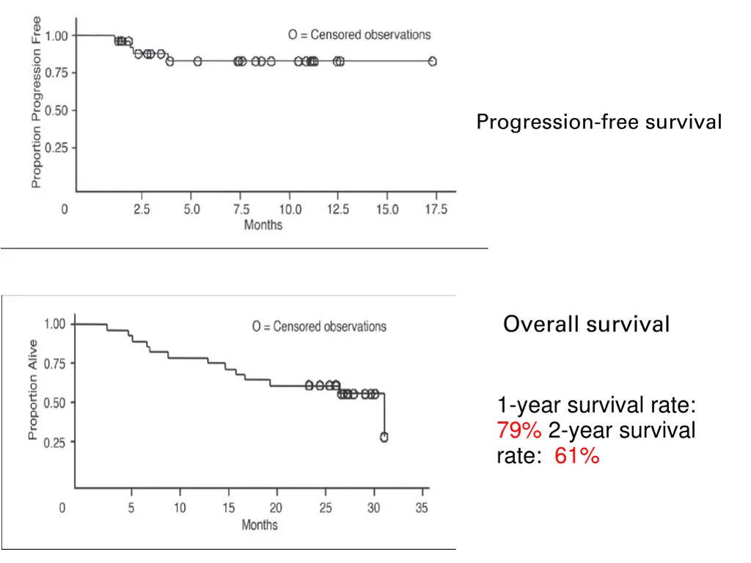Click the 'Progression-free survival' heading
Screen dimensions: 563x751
pyautogui.click(x=598, y=122)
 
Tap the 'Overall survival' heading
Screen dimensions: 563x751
pyautogui.click(x=586, y=324)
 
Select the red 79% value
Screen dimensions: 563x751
pyautogui.click(x=519, y=430)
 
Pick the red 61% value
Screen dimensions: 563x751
pyautogui.click(x=577, y=457)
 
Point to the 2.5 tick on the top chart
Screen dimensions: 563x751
pyautogui.click(x=142, y=210)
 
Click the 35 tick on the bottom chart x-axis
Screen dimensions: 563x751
pyautogui.click(x=422, y=507)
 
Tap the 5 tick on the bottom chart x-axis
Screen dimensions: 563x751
pyautogui.click(x=131, y=507)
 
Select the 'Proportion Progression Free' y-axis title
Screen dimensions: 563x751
pyautogui.click(x=37, y=102)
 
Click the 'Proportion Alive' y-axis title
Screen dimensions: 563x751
pyautogui.click(x=33, y=389)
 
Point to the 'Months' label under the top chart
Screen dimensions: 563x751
pyautogui.click(x=263, y=225)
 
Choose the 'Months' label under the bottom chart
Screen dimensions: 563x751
pyautogui.click(x=260, y=525)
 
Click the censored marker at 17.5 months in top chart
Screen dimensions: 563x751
pyautogui.click(x=433, y=62)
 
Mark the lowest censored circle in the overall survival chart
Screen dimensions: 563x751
pyautogui.click(x=384, y=437)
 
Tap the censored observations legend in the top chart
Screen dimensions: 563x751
pyautogui.click(x=359, y=34)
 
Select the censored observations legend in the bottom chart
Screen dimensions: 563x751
pyautogui.click(x=319, y=326)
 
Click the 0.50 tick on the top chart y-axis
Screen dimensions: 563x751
pyautogui.click(x=56, y=111)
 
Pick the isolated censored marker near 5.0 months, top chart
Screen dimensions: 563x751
pyautogui.click(x=197, y=62)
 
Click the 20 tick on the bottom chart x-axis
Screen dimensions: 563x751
pyautogui.click(x=276, y=507)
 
